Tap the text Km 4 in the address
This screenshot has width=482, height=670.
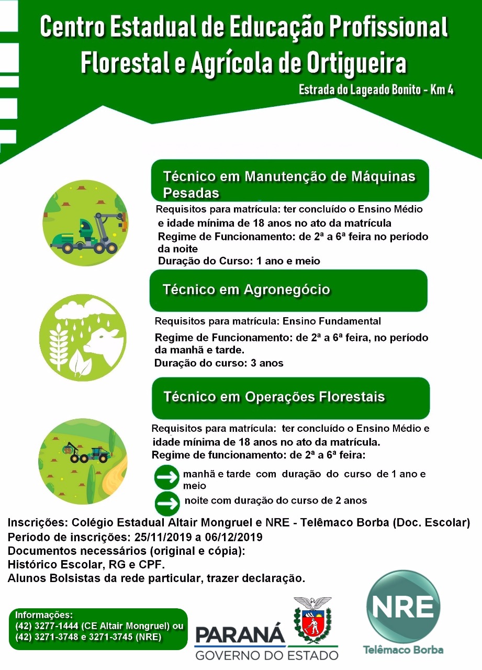coord(442,90)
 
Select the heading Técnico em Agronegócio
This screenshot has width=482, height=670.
coord(246,289)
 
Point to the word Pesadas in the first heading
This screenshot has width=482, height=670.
coord(190,193)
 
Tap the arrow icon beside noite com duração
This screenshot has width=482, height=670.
coord(167,504)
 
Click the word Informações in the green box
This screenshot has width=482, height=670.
coord(44,615)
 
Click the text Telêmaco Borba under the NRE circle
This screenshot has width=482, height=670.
coord(403,650)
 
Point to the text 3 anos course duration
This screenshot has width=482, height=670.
coord(267,363)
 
